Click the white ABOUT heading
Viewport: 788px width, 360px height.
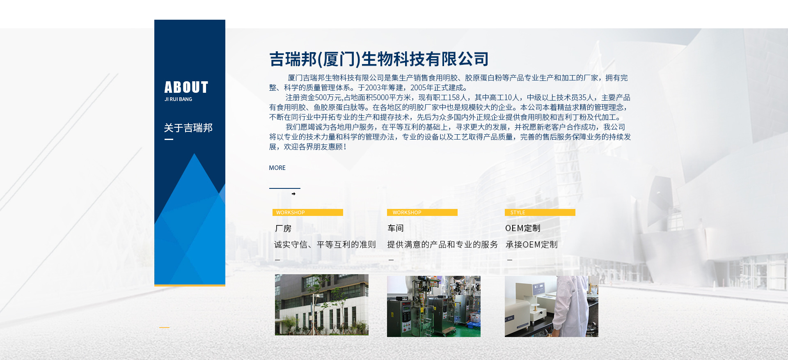coord(186,87)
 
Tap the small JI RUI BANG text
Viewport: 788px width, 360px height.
coord(178,99)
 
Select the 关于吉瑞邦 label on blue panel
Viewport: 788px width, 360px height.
coord(188,128)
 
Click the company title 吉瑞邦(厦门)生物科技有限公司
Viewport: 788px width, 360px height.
coord(379,59)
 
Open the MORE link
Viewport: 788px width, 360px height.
coord(277,168)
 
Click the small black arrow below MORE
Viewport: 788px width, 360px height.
coord(293,194)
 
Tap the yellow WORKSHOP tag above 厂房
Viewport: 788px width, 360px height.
coord(308,212)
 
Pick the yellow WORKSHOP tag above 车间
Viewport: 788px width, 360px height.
coord(422,212)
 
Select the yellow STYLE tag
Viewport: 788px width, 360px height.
coord(540,212)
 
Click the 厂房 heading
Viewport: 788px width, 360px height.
coord(283,229)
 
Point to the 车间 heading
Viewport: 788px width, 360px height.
coord(396,228)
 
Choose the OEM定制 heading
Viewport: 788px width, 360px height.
coord(523,228)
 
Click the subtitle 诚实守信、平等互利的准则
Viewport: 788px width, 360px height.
coord(325,245)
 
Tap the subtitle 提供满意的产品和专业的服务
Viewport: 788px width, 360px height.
coord(442,245)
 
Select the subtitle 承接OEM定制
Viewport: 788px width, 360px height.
coord(531,245)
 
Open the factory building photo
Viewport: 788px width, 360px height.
coord(322,305)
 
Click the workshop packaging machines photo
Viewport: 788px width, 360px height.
coord(434,306)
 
